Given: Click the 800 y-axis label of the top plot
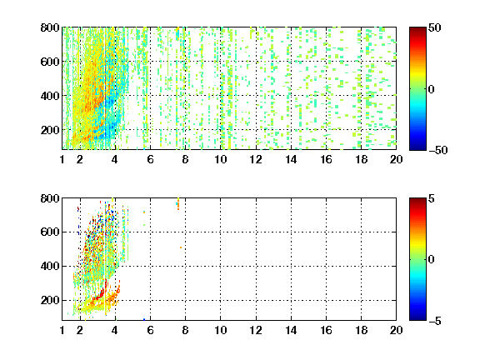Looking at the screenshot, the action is pos(50,27).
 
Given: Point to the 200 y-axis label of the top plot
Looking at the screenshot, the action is pos(50,130).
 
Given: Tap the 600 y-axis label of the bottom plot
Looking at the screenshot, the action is pos(50,232).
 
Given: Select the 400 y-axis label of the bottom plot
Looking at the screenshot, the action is pos(50,266).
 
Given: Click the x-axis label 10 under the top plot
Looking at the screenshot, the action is pos(220,159).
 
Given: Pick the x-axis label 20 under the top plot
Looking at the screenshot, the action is pos(396,159).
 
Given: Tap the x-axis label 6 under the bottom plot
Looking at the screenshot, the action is pos(150,330).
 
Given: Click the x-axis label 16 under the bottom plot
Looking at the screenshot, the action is pos(326,330).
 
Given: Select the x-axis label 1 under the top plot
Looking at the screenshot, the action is pos(62,159).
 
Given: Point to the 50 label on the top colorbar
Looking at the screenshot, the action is pos(435,28).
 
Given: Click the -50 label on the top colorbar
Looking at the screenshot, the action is pos(438,150).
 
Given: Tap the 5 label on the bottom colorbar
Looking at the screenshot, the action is pos(432,199).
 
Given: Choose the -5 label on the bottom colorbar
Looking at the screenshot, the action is pos(435,321).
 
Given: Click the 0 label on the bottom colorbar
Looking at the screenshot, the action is pos(432,260).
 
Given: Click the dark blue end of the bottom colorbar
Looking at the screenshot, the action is pos(417,318).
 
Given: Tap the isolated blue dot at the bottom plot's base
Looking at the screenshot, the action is pos(144,320).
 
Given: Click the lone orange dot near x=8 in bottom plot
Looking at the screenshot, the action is pos(181,247).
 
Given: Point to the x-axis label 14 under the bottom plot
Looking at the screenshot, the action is pos(291,330).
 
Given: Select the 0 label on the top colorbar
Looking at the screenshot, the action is pos(432,89).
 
